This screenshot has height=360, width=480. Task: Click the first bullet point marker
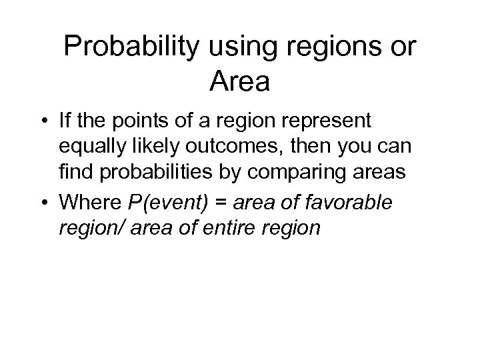point(42,123)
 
